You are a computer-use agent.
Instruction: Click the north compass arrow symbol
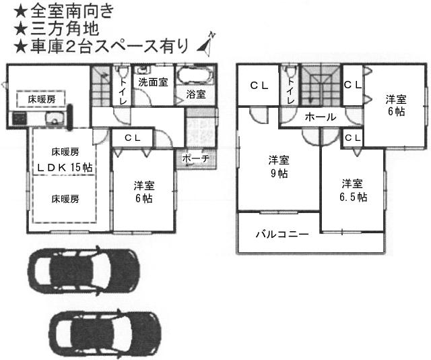(205, 42)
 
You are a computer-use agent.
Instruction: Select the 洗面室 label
(153, 82)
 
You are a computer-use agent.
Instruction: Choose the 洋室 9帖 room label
(279, 167)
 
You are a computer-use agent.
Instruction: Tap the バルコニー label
(281, 235)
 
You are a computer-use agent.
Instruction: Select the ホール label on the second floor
(320, 117)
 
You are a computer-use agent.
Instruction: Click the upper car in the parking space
(84, 270)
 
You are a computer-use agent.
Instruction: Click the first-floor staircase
(101, 88)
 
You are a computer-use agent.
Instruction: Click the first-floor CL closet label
(132, 138)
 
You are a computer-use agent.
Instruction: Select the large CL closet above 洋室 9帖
(259, 86)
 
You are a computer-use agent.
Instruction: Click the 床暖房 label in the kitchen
(42, 99)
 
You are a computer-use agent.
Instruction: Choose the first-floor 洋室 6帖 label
(143, 191)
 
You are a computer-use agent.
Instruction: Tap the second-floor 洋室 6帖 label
(395, 106)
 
